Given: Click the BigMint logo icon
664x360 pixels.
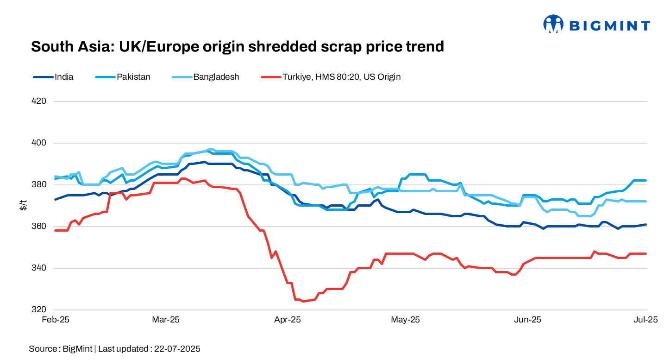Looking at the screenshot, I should [x=553, y=24].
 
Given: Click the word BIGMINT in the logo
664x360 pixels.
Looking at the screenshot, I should [x=609, y=26].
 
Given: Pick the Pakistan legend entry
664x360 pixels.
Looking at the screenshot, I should [x=123, y=77].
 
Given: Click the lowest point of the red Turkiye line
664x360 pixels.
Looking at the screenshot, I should [x=303, y=301].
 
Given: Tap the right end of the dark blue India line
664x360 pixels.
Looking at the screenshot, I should [x=646, y=225].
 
